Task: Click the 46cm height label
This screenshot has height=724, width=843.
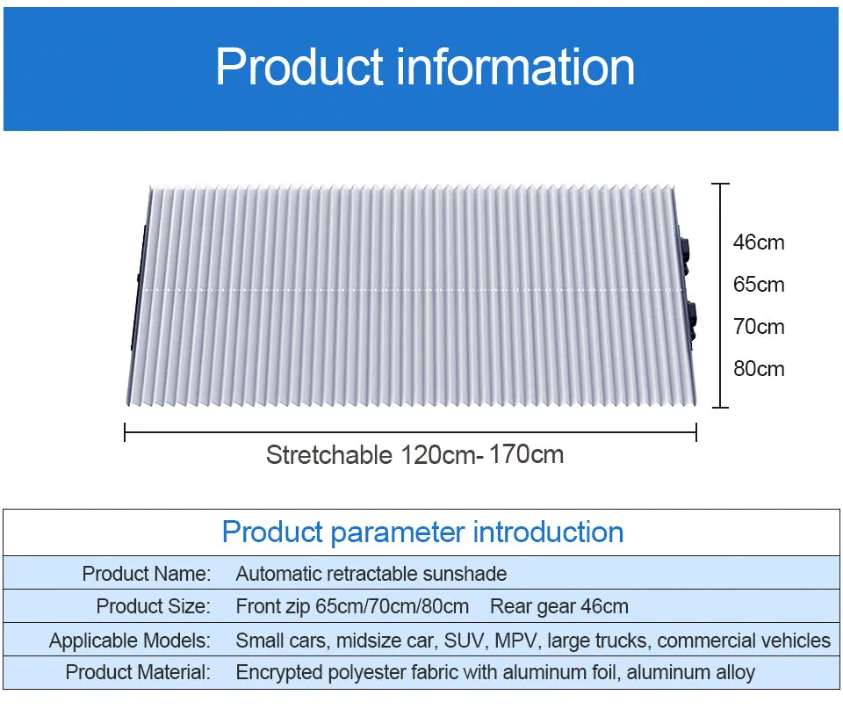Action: pyautogui.click(x=759, y=243)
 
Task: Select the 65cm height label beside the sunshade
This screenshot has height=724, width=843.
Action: pyautogui.click(x=759, y=285)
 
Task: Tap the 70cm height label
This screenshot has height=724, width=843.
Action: pyautogui.click(x=759, y=327)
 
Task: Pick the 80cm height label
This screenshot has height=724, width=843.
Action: pyautogui.click(x=759, y=369)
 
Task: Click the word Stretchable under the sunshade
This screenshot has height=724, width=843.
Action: pyautogui.click(x=328, y=455)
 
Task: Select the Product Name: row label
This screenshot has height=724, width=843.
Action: pyautogui.click(x=147, y=575)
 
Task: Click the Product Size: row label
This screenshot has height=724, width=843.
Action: pyautogui.click(x=154, y=606)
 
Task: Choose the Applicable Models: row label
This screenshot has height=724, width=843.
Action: pyautogui.click(x=130, y=641)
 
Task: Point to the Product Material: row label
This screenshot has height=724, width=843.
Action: pyautogui.click(x=138, y=673)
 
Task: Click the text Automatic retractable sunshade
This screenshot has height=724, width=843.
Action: pyautogui.click(x=371, y=575)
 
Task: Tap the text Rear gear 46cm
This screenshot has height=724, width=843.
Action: pyautogui.click(x=559, y=606)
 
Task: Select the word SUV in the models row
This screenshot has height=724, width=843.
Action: pyautogui.click(x=465, y=641)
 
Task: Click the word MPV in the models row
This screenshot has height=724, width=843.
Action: pyautogui.click(x=515, y=641)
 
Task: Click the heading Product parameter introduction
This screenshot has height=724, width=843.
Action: pyautogui.click(x=422, y=532)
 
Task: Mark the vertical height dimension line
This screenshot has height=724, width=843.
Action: pyautogui.click(x=721, y=295)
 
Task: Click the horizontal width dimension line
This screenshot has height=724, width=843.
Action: pyautogui.click(x=410, y=431)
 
